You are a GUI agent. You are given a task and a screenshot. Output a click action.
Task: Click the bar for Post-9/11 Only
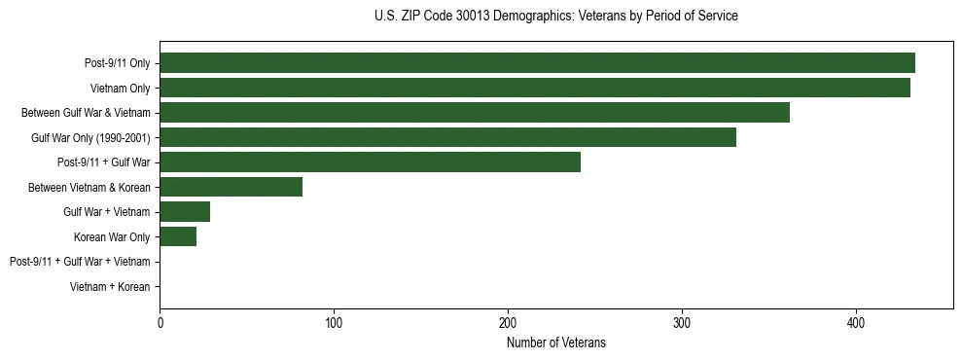click(x=537, y=62)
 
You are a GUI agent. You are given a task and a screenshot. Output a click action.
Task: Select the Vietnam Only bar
click(x=535, y=88)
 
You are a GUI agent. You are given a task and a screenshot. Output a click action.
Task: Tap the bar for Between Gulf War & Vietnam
click(x=475, y=113)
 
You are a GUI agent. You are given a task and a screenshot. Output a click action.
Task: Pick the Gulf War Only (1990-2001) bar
click(x=447, y=137)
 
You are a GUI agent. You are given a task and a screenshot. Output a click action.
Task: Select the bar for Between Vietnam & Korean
click(x=231, y=187)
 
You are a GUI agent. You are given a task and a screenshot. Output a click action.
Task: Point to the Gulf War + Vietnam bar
click(x=185, y=212)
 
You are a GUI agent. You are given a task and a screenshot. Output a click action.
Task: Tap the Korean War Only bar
click(x=178, y=236)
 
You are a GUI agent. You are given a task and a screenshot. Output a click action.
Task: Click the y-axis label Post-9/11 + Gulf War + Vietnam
click(x=80, y=262)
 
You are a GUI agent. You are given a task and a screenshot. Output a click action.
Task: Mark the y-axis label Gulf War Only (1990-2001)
click(x=90, y=137)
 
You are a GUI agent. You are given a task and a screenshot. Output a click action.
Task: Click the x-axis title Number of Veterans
click(x=556, y=342)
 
